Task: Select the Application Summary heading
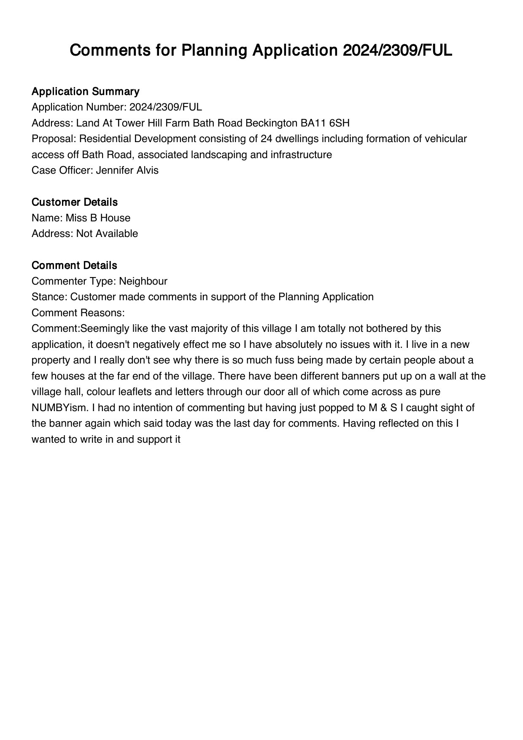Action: [x=85, y=91]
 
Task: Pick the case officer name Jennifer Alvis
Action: [x=127, y=170]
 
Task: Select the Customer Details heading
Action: [x=74, y=202]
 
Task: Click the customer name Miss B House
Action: [x=98, y=218]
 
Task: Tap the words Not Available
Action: [x=107, y=234]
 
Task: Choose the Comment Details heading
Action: [x=74, y=266]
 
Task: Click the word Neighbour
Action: [x=143, y=281]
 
